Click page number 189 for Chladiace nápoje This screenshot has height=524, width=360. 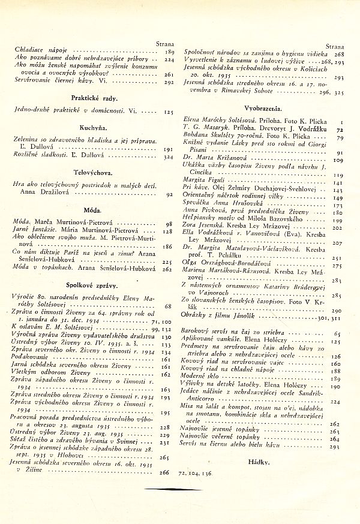tap(169, 52)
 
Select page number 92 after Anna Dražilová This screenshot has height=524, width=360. tap(170, 194)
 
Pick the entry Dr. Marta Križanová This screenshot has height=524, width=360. tap(208, 160)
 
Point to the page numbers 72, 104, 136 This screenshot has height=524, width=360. tap(194, 473)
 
